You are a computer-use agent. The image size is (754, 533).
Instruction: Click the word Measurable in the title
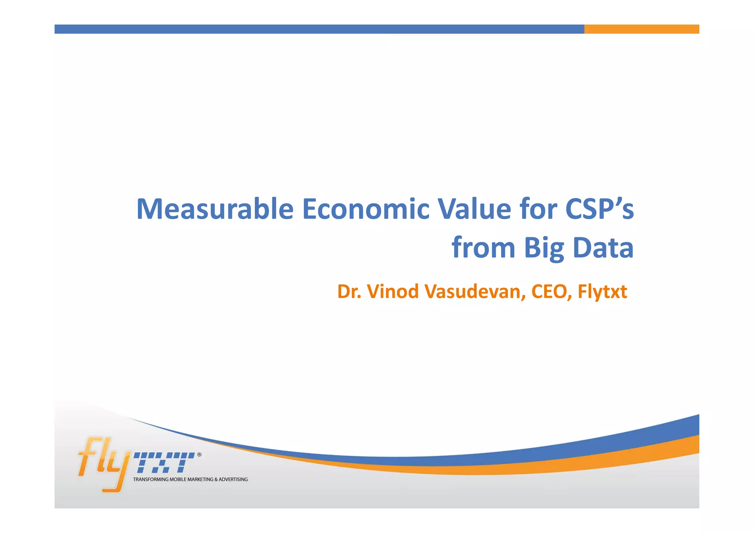215,209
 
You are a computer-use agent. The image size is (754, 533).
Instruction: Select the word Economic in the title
366,209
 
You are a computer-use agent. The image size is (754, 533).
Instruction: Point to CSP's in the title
599,209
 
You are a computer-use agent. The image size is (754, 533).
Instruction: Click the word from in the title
483,248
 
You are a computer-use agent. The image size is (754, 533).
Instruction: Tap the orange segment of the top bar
641,29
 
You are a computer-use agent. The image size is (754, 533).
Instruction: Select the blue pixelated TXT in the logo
164,463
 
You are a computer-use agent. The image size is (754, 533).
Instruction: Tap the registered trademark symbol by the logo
199,455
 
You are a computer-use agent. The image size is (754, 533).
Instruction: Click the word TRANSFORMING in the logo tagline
151,480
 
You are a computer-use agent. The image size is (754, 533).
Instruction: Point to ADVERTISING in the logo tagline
233,480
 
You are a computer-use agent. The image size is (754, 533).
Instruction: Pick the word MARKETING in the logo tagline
200,480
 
